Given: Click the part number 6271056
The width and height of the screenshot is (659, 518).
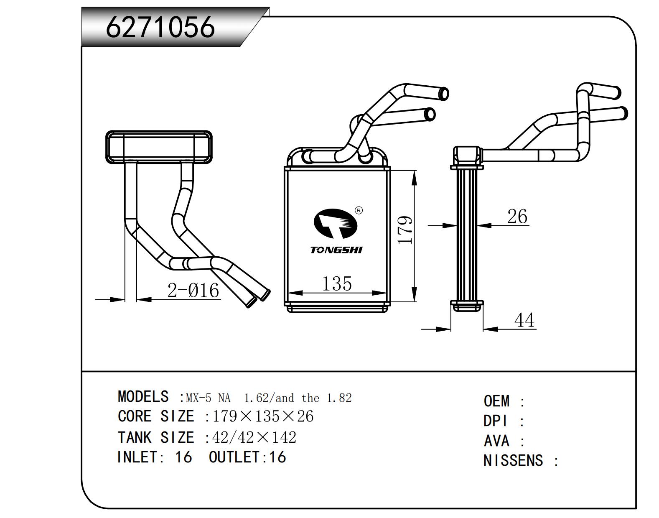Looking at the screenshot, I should pos(160,27).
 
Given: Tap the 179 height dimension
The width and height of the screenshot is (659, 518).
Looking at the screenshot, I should pos(405,230).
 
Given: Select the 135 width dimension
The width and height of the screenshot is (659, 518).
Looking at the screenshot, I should pos(337,284).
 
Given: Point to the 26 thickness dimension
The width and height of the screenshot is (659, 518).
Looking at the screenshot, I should pos(517,217).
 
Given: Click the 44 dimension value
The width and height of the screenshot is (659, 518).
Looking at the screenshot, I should pos(524,320).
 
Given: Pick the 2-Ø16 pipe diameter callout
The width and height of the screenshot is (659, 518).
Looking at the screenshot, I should pos(193,290).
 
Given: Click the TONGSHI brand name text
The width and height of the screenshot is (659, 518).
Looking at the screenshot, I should pos(336,250).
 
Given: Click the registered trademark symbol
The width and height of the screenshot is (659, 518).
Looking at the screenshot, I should pos(359,210).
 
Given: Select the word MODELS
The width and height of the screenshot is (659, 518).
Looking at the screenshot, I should pos(143,396).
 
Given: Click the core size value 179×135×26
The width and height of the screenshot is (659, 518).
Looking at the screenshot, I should pos(263,416).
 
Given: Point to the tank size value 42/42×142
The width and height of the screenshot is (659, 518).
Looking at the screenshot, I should pos(254,437).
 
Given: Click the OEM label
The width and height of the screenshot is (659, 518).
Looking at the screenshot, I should pos(496,401).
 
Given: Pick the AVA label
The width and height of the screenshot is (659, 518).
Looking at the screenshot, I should pos(496,441).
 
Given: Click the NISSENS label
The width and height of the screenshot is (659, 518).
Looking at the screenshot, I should pos(513,461).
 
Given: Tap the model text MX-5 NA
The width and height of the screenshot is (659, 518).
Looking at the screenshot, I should pos(208,398).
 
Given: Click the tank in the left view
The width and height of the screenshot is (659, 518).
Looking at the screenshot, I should pos(159,146).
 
